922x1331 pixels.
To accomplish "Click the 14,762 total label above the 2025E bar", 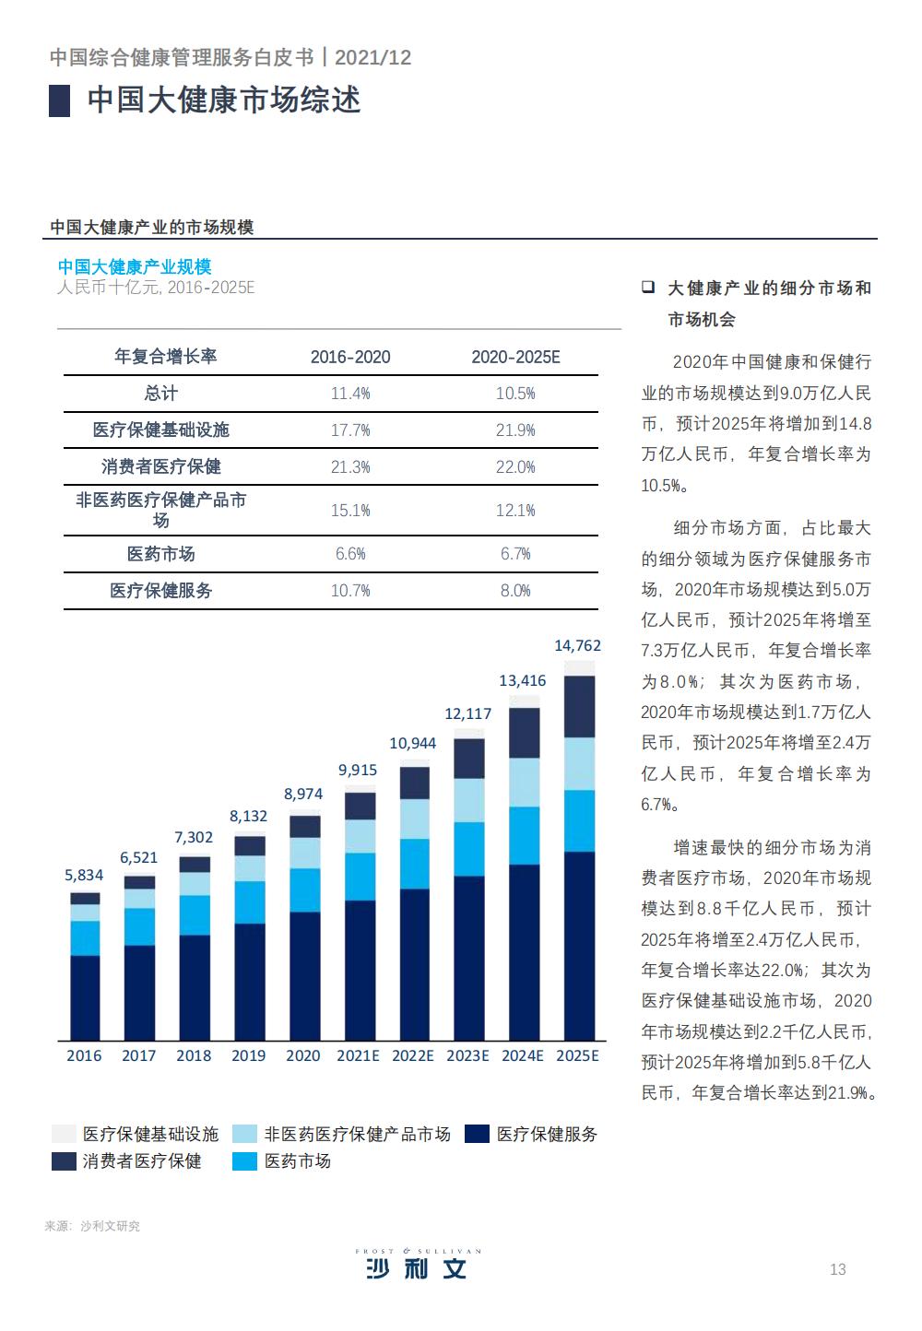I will (x=577, y=646).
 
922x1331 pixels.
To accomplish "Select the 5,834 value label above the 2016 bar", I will (x=84, y=875).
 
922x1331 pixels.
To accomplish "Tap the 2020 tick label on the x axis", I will (x=302, y=1055).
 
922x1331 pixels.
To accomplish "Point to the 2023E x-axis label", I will (x=467, y=1055).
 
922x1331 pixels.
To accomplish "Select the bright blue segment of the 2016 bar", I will (x=85, y=937).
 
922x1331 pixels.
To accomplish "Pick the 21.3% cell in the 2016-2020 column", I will (x=350, y=467).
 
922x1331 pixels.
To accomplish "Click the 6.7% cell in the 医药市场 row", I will (x=515, y=554).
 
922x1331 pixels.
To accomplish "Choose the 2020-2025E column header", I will (x=515, y=357).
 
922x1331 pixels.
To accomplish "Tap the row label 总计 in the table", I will (x=160, y=394).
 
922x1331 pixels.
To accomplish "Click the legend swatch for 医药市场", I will (x=245, y=1161).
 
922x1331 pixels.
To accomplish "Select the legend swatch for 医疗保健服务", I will (x=477, y=1135).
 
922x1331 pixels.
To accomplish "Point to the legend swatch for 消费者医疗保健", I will (x=64, y=1161).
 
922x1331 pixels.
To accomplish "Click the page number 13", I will (x=837, y=1269).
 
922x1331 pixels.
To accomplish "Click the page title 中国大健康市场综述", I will (x=223, y=100).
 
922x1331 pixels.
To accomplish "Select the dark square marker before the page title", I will (x=60, y=100).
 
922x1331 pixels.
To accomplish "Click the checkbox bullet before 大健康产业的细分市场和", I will (x=648, y=288).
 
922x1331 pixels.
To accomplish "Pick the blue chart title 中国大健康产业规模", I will (x=135, y=266).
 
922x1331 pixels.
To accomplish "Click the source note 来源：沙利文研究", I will (x=92, y=1226).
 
